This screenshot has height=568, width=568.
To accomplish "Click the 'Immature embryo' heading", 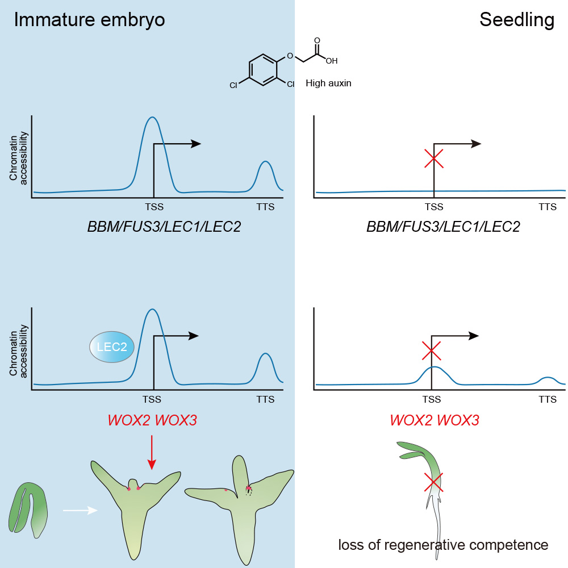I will click(x=89, y=20).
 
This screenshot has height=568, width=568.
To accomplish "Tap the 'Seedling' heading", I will click(x=516, y=20).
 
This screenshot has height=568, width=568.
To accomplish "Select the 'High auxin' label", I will click(x=328, y=83).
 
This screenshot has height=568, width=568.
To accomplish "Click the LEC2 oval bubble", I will click(x=112, y=346).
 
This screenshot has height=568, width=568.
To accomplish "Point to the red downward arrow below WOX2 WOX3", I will click(x=151, y=452).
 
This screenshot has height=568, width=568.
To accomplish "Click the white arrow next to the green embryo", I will click(x=80, y=510).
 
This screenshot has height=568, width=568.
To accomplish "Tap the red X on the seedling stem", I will click(x=434, y=483).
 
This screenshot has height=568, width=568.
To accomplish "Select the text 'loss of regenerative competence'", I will click(x=443, y=545).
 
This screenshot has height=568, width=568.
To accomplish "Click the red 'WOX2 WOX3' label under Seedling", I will click(x=435, y=421).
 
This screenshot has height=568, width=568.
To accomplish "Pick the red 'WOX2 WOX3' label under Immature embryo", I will click(x=152, y=421).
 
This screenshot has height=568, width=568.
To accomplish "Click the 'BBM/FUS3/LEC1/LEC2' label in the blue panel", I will click(x=164, y=227).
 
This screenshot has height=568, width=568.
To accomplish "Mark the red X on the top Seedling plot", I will click(x=434, y=158).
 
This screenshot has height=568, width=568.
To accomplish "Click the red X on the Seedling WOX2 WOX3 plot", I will click(x=432, y=351).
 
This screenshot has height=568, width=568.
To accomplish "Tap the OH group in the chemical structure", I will click(x=331, y=60).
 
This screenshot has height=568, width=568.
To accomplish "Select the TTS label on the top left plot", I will click(x=265, y=207).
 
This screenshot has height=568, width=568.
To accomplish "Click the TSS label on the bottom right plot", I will click(x=435, y=399).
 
